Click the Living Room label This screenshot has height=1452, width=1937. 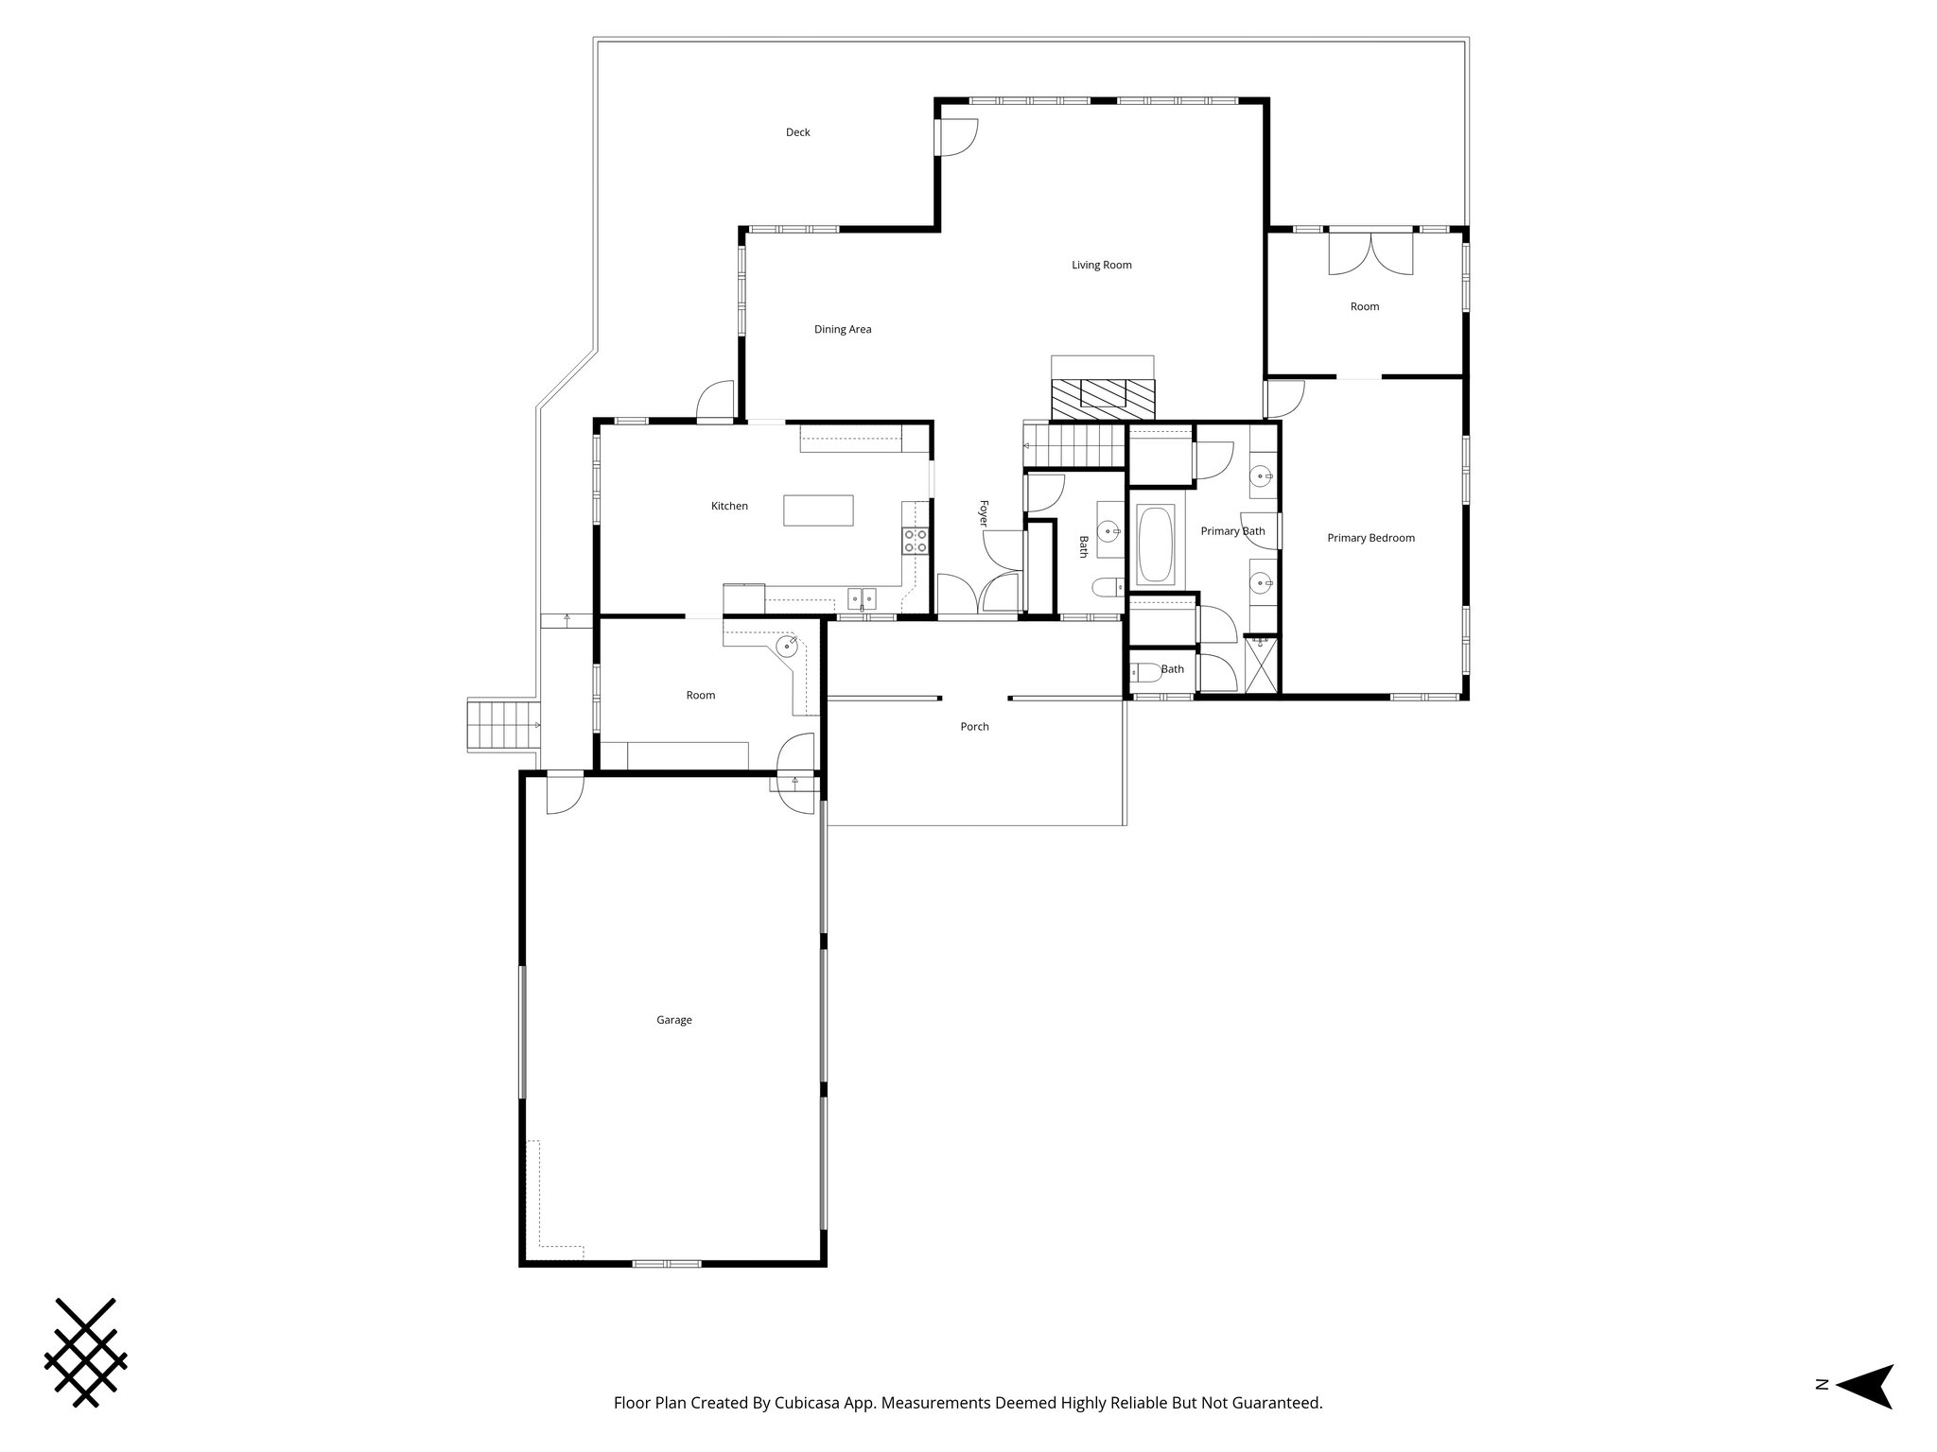point(1101,265)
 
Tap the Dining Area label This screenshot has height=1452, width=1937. point(842,329)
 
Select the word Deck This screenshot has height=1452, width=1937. point(797,132)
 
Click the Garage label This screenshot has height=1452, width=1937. point(673,1020)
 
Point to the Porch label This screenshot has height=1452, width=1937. point(974,726)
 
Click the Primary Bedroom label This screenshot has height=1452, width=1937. point(1370,538)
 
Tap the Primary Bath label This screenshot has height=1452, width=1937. point(1232,531)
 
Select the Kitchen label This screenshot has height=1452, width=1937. point(729,506)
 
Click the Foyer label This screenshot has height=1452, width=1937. point(983,513)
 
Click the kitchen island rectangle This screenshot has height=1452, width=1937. point(818,510)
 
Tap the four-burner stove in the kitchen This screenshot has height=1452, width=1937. point(916,541)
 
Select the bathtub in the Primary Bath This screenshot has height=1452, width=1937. point(1155,544)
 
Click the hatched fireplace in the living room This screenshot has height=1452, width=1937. point(1103,398)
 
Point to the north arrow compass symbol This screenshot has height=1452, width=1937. point(1862,1412)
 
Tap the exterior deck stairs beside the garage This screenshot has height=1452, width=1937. point(502,725)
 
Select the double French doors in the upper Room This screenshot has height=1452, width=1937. point(1370,252)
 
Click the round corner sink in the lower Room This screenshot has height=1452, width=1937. point(787,647)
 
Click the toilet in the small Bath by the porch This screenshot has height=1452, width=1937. point(1146,672)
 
